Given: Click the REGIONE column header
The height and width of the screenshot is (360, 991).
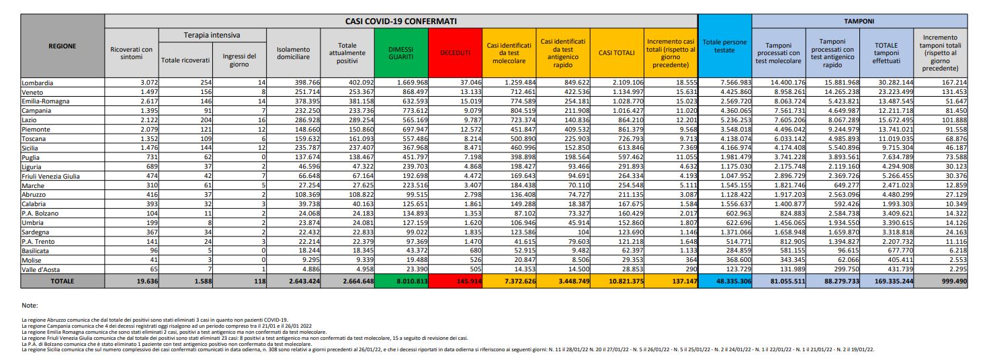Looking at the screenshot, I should (62, 46).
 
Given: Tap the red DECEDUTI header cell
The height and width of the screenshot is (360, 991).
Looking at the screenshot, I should (454, 52).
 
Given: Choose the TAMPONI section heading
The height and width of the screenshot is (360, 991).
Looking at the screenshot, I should (861, 21).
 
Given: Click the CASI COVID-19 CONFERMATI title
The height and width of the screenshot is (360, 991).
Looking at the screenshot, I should (401, 21).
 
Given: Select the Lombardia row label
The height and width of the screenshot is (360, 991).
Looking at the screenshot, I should (38, 82).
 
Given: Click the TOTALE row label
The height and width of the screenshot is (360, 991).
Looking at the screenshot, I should (62, 281).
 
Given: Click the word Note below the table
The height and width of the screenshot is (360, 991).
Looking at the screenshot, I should (30, 305).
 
